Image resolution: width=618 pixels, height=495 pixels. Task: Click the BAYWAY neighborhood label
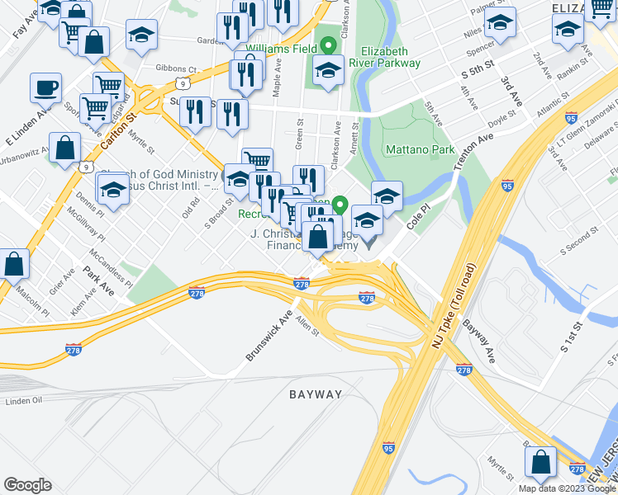(316, 394)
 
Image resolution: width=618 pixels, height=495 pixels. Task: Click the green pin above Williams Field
(328, 46)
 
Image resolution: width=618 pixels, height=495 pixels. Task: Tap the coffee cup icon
(45, 87)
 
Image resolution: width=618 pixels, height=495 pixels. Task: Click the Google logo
(27, 485)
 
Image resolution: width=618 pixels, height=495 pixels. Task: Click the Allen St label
(307, 327)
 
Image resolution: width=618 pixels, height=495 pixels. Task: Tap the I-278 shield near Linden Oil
(74, 350)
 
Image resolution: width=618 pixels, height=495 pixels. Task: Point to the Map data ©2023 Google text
(566, 488)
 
